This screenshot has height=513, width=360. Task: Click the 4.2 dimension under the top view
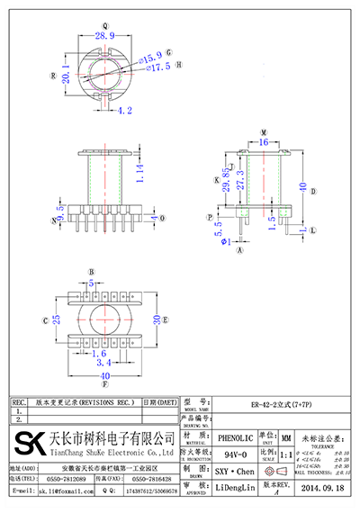pyautogui.click(x=124, y=112)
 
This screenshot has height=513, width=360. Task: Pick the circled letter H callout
pyautogui.click(x=178, y=66)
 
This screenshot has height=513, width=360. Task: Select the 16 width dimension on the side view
pyautogui.click(x=264, y=141)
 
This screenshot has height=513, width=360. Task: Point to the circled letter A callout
pyautogui.click(x=239, y=252)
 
